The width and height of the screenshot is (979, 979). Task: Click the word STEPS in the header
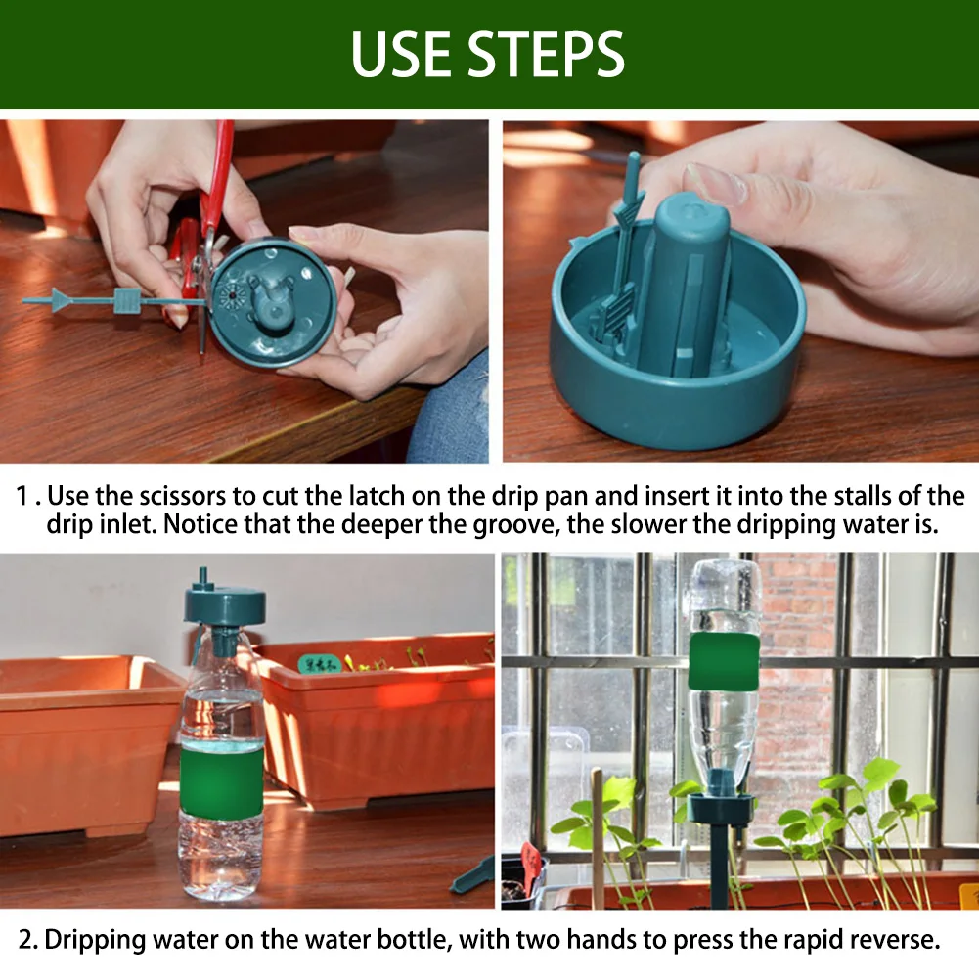coord(546,54)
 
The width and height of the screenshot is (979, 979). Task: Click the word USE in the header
coord(402,54)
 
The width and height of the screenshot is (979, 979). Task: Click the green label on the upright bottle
coord(221,781)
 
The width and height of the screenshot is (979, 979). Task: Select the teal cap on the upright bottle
coord(224,604)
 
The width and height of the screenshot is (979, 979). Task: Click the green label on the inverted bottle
coord(724,662)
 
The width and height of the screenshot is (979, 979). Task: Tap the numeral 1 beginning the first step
coord(22,496)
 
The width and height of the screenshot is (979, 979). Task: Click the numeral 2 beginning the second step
coord(25,940)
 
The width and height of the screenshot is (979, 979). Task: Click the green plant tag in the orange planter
coord(320,664)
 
